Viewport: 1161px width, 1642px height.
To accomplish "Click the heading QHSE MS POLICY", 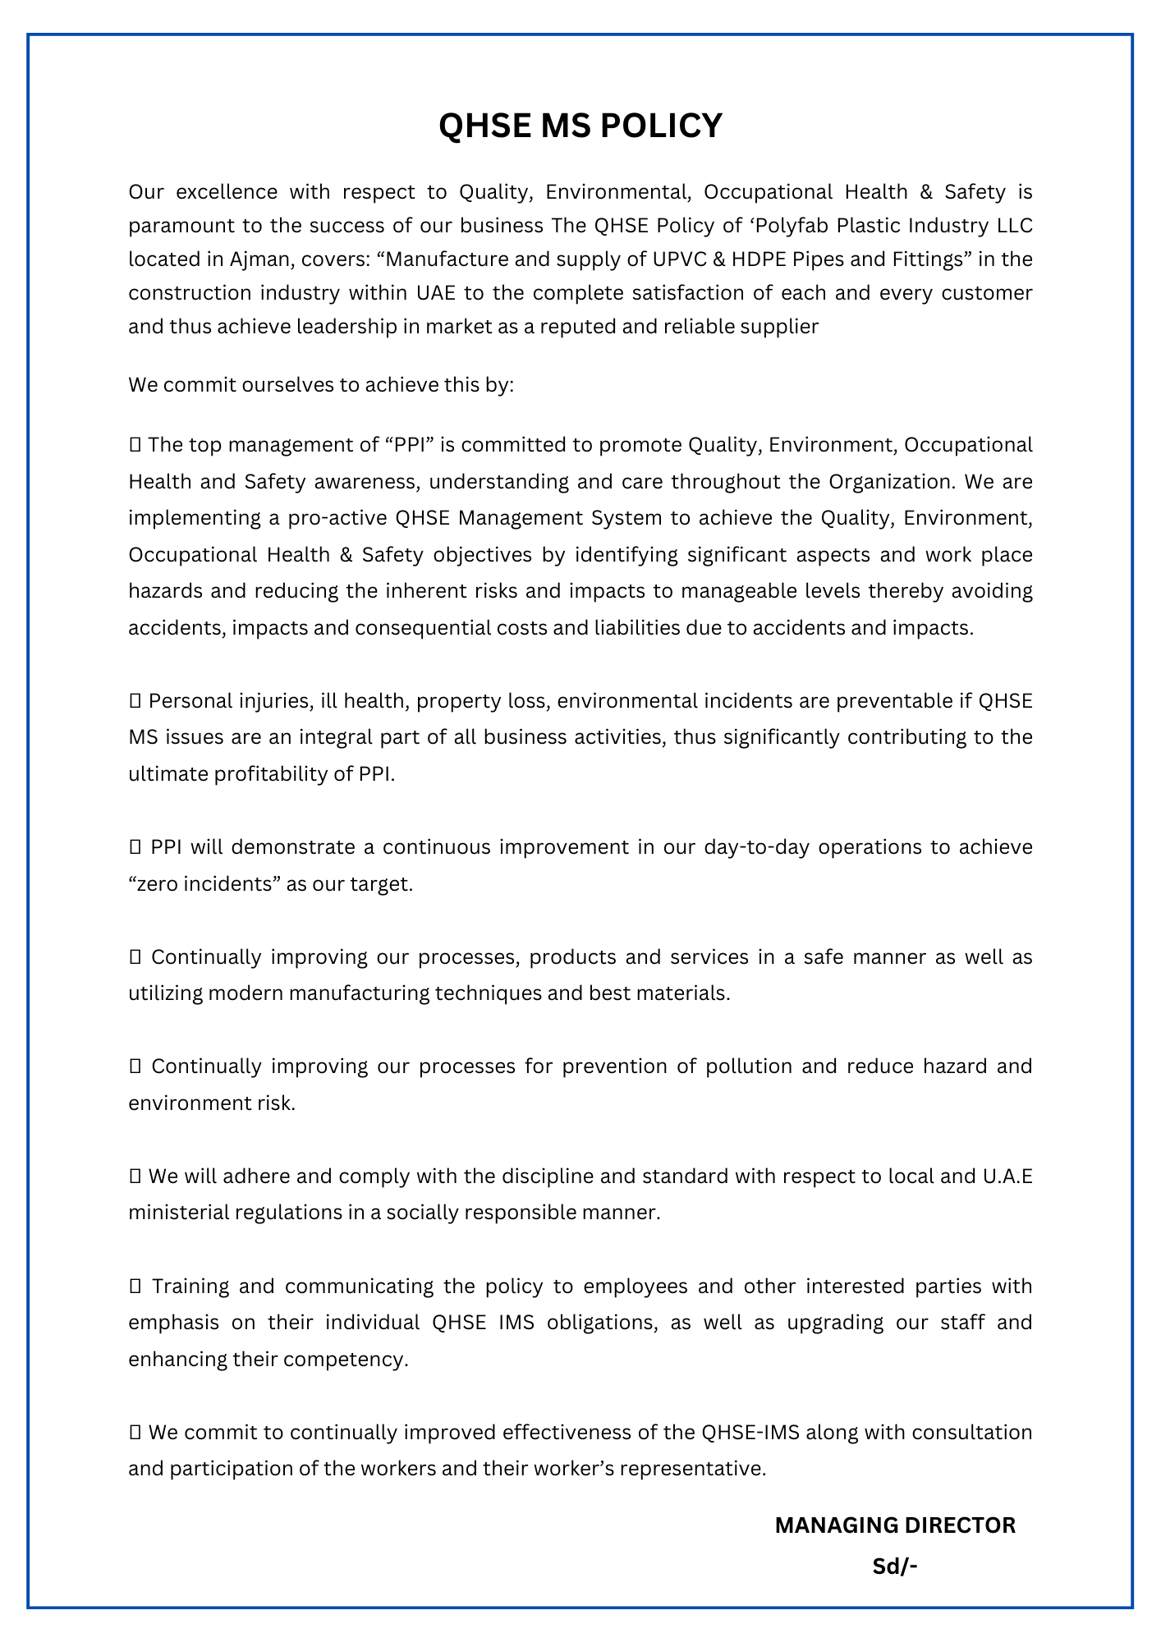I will (x=580, y=126).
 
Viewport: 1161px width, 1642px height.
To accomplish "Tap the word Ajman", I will (x=259, y=259).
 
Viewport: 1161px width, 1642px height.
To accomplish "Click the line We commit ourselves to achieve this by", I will (x=321, y=385).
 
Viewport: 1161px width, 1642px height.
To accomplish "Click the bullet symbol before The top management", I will (x=135, y=446).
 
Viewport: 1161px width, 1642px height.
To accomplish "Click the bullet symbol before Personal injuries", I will (x=135, y=702).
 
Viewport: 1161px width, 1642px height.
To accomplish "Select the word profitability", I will (x=282, y=774).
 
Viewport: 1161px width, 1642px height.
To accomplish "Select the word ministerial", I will (x=178, y=1213).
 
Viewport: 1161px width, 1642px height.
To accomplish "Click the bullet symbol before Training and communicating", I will (x=135, y=1287).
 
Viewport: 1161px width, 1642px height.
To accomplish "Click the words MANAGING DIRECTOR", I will (x=895, y=1525).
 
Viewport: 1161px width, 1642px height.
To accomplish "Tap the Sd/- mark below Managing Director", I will (x=894, y=1566).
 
